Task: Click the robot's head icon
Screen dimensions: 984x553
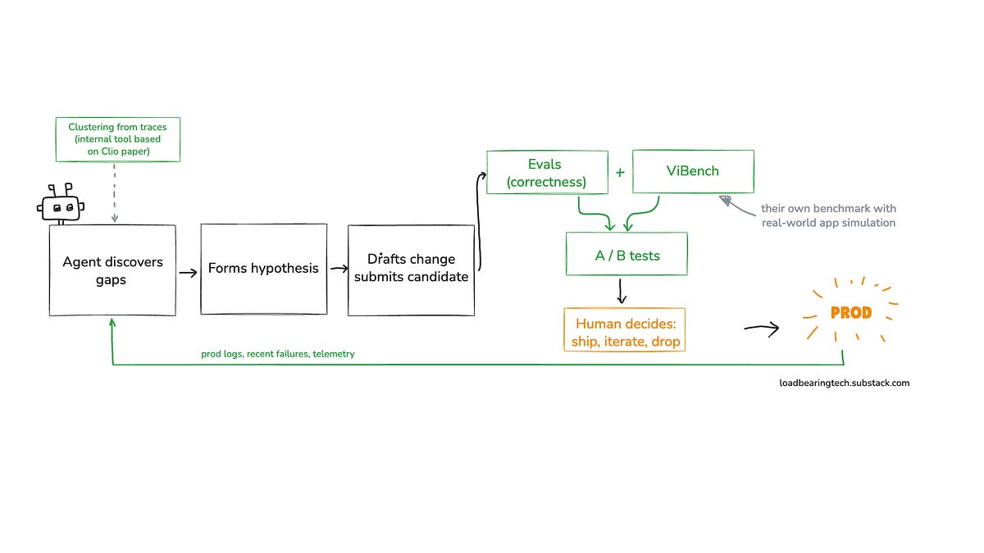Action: (61, 204)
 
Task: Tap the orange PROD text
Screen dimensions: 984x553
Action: (851, 313)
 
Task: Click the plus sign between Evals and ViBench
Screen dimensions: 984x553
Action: (620, 173)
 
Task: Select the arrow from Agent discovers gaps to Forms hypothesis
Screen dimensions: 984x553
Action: (188, 273)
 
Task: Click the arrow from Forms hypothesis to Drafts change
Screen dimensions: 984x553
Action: (339, 268)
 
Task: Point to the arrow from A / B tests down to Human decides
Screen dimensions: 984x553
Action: (621, 292)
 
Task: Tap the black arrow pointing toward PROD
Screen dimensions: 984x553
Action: (762, 329)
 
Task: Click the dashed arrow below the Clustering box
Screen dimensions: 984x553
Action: (114, 193)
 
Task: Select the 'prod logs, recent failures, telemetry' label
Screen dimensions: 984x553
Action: (278, 354)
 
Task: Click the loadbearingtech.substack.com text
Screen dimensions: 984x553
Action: (845, 383)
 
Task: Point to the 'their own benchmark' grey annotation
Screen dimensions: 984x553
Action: (828, 215)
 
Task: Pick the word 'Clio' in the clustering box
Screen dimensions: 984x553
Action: (110, 152)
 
